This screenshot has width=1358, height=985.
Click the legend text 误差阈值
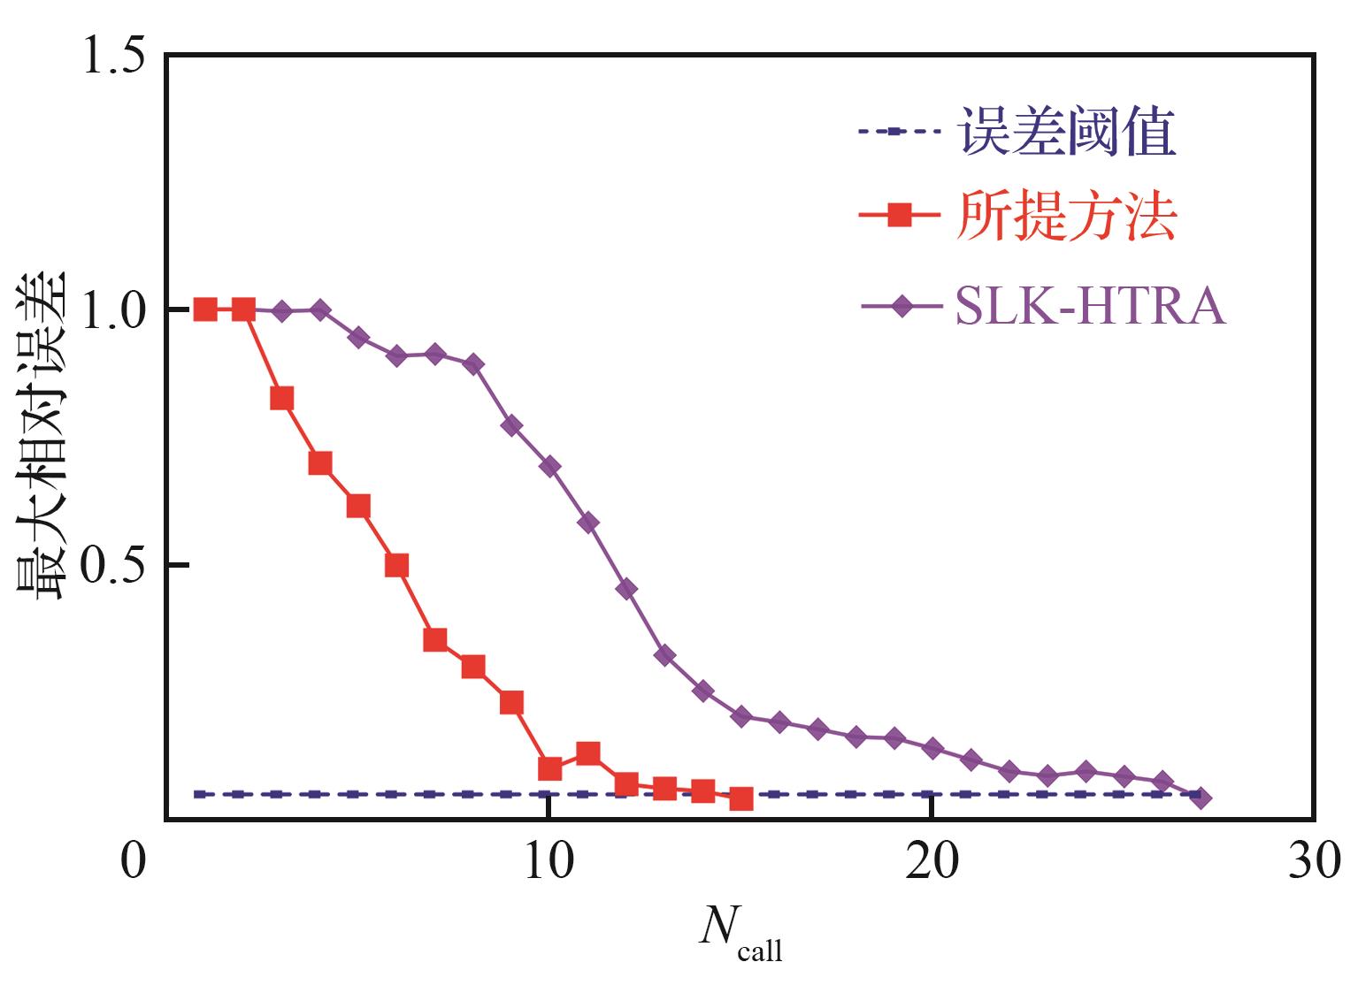coord(1068,133)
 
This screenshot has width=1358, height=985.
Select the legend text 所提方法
coord(1066,218)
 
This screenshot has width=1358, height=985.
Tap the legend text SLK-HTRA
coord(1090,308)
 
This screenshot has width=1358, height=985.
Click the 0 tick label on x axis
coord(133,861)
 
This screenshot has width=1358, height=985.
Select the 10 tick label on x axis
coord(549,861)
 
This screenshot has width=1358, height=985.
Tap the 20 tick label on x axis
coord(932,861)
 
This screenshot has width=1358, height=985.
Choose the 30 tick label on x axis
coord(1314,861)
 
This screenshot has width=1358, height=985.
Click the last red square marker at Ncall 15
coord(741,798)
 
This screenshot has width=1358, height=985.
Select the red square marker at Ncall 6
coord(396,565)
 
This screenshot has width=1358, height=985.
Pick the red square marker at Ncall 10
coord(549,768)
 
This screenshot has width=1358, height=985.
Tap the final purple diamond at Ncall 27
coord(1201,798)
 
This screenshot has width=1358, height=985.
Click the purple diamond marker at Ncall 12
coord(626,589)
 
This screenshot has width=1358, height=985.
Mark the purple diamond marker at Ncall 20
coord(932,748)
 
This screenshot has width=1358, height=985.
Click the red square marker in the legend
coord(900,215)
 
